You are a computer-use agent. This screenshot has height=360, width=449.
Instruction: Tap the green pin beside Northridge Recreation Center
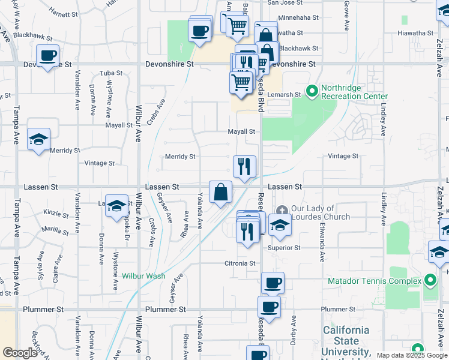point(312,92)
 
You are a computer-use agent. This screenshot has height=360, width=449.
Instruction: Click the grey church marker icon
point(282,210)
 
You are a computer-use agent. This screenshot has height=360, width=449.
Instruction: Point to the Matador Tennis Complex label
point(374,281)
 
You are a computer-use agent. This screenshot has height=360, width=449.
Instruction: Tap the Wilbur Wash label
point(143,277)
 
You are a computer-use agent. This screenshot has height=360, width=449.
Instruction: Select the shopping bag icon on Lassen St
point(221,192)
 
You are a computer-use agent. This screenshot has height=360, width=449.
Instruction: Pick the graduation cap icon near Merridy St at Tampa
point(39,139)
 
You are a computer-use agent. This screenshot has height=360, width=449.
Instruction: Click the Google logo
point(20,353)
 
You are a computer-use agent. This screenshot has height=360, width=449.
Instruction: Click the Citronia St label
point(240,263)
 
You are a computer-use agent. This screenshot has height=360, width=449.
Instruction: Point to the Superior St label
point(284,247)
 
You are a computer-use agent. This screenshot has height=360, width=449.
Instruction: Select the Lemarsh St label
point(284,95)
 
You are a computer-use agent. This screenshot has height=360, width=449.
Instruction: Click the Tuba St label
point(111,73)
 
